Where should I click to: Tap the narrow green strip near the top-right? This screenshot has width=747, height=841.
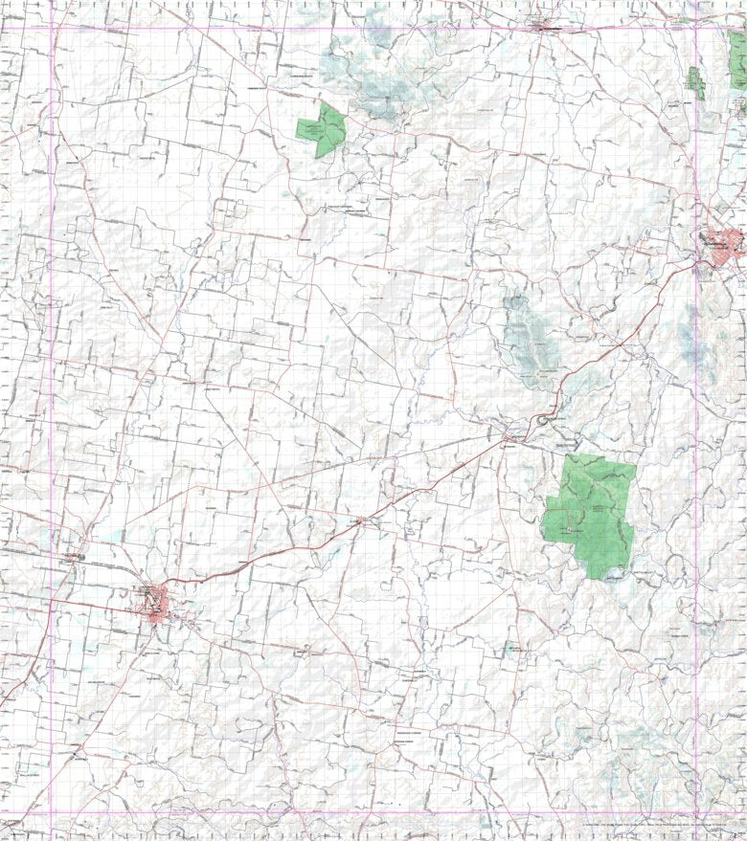click(x=694, y=84)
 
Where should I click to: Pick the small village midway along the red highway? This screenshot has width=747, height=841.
click(x=361, y=520)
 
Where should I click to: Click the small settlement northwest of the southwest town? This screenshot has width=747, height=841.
click(x=73, y=555)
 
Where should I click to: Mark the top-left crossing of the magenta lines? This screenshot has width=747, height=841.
click(x=53, y=27)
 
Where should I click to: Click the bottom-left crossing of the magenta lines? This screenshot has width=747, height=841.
click(x=53, y=812)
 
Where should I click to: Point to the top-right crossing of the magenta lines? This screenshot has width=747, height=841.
click(x=696, y=27)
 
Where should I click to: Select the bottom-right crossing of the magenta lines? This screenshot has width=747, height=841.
click(x=696, y=812)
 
